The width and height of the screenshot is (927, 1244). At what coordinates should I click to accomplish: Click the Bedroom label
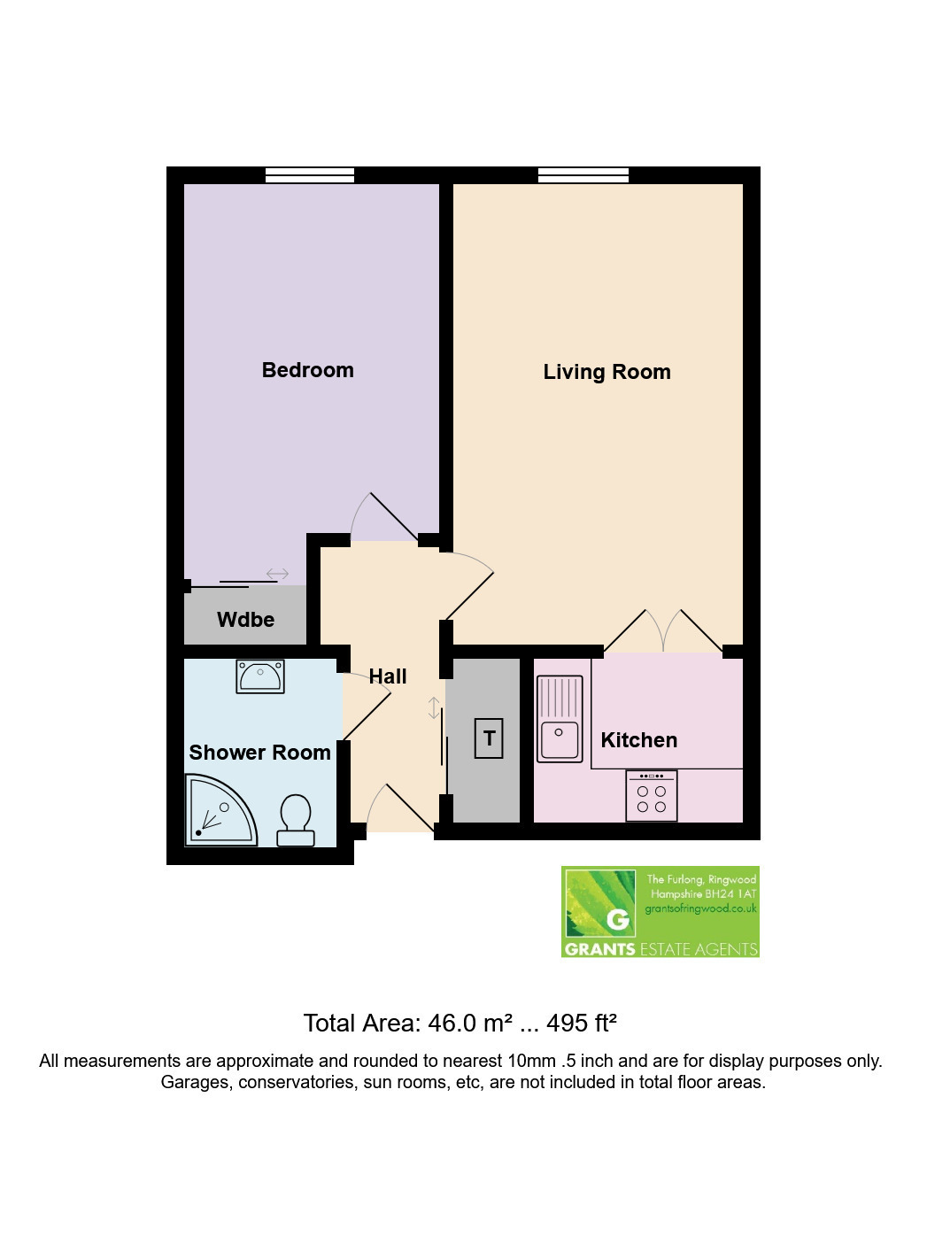pos(308,370)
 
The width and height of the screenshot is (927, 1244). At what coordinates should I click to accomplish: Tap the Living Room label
pos(606,372)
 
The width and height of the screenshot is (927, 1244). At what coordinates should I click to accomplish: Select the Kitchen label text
pos(638,739)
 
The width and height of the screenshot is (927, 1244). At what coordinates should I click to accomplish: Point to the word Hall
pos(388,676)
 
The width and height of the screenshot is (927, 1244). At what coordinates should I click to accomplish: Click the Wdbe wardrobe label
pos(245,620)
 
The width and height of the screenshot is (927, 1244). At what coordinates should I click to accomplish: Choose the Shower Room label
pos(259,752)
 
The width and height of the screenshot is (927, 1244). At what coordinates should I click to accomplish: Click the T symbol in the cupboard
pos(489,738)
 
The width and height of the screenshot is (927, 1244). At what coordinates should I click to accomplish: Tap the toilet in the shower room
pos(295,820)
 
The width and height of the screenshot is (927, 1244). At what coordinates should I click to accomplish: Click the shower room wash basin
pos(260,676)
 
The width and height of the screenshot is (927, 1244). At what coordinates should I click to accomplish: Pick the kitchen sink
pos(560,718)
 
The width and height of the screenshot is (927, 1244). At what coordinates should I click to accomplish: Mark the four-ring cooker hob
pos(651,795)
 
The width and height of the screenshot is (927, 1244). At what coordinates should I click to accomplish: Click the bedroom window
pos(310,175)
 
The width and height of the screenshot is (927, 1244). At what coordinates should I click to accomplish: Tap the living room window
pos(583,175)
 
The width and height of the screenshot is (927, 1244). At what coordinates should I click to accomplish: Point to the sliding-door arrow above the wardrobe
pos(277,574)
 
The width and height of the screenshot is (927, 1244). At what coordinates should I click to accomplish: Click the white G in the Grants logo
pos(617,919)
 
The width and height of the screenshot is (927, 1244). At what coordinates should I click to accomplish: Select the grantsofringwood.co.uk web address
pos(701,909)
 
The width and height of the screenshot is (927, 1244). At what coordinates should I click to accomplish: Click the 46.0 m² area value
pos(470,1023)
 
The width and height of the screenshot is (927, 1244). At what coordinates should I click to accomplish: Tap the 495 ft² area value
pos(581,1023)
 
